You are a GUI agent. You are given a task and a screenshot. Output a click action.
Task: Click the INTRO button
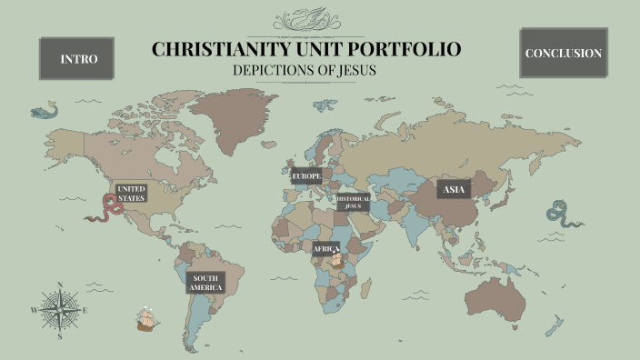click(x=77, y=58)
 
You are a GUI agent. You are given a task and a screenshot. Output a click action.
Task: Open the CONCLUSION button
click(x=563, y=53)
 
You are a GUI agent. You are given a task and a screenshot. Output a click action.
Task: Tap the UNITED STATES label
click(x=131, y=193)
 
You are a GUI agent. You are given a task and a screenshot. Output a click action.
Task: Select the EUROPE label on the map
click(x=306, y=175)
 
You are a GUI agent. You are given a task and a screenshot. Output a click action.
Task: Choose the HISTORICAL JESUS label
click(x=353, y=202)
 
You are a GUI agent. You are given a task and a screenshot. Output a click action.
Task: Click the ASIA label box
click(x=454, y=189)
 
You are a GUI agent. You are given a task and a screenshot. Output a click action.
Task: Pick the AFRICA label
click(x=324, y=248)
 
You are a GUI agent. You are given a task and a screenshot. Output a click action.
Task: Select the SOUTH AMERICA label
click(x=205, y=283)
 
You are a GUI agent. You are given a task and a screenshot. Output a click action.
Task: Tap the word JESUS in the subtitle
click(x=354, y=70)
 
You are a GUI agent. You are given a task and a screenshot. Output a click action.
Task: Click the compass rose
click(x=60, y=310)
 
